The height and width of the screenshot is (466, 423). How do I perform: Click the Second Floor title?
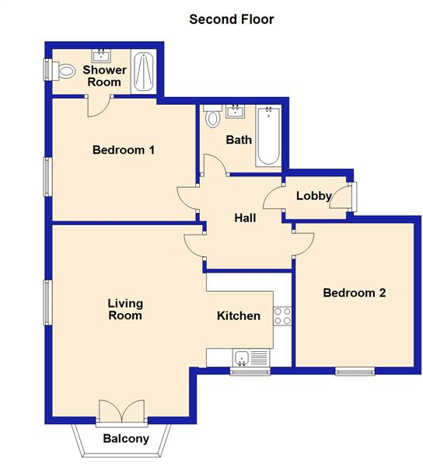[232, 19]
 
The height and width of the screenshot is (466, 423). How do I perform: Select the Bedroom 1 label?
[123, 150]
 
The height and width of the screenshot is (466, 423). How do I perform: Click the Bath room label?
[238, 141]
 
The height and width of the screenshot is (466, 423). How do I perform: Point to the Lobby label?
[314, 196]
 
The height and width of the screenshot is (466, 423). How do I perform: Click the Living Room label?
[125, 309]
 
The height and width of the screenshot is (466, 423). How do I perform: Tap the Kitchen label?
[238, 315]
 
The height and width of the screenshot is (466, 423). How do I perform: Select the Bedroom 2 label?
[355, 293]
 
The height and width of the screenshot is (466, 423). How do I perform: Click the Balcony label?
[125, 439]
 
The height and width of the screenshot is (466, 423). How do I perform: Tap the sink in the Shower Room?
[100, 55]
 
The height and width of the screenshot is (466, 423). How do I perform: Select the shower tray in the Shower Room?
[143, 73]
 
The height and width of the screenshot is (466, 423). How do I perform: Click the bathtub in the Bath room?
[268, 137]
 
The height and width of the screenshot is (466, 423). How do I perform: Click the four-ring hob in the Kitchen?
[282, 315]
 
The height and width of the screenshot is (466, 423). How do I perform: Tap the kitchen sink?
[242, 358]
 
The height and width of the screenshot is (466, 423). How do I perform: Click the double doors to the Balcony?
[122, 412]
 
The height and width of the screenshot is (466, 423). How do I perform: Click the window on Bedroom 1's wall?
[47, 176]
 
